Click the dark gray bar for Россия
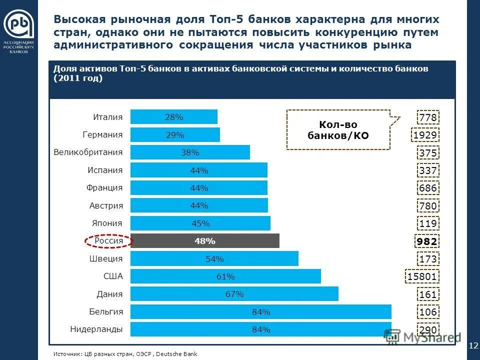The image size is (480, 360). [x=204, y=241]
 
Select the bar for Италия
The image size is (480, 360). [x=173, y=117]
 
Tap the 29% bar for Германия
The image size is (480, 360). [x=175, y=135]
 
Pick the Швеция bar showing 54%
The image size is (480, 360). [x=214, y=258]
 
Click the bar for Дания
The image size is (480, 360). [x=234, y=294]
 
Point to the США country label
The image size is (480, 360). [x=113, y=276]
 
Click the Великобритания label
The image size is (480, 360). [x=88, y=152]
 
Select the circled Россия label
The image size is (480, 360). [x=108, y=241]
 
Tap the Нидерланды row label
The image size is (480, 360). [x=96, y=329]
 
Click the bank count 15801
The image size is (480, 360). [x=423, y=277]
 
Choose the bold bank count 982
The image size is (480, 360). [x=427, y=242]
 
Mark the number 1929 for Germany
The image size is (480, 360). [x=425, y=135]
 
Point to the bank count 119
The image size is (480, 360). [x=428, y=224]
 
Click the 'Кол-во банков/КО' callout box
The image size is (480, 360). [x=338, y=130]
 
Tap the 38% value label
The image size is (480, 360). [x=190, y=152]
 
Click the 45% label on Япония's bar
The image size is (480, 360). [x=200, y=223]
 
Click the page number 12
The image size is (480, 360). [x=473, y=345]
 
